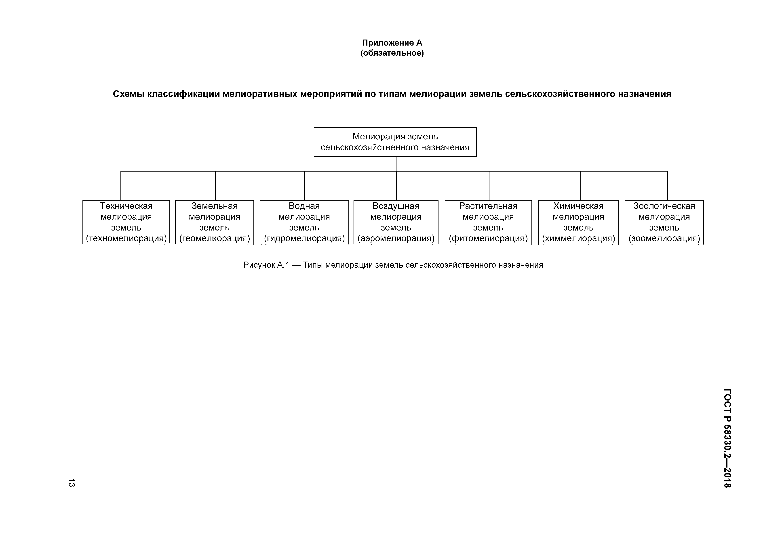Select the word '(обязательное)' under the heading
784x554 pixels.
point(392,53)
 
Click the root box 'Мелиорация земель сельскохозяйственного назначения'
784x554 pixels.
point(395,142)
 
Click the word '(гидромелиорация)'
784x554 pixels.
point(304,238)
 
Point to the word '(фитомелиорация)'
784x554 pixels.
point(488,238)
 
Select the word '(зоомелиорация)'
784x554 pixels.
point(664,238)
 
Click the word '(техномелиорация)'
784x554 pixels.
point(126,238)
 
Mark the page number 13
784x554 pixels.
point(71,483)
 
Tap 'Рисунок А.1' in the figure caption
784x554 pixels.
point(266,265)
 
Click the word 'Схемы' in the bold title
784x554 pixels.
point(128,94)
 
